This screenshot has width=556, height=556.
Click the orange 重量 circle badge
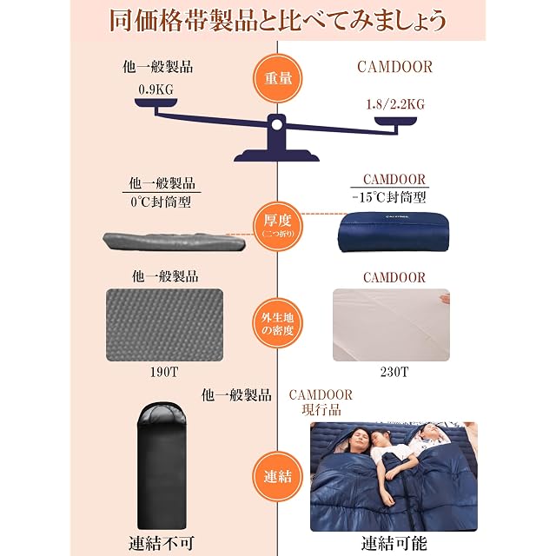277,78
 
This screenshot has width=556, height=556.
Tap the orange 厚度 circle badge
277,226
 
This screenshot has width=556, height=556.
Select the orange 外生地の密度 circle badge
277,323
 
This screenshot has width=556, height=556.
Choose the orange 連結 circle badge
277,476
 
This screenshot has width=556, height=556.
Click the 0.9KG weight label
156,89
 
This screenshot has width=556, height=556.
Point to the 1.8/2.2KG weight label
395,104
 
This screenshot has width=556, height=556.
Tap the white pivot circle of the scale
276,124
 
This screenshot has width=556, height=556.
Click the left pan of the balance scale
156,103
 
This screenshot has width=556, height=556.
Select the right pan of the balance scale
396,122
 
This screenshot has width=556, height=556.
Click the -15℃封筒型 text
389,197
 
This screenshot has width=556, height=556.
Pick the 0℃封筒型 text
161,202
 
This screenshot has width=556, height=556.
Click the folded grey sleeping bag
174,242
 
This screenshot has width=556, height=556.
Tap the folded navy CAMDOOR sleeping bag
394,232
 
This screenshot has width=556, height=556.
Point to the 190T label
164,372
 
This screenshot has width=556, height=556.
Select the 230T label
394,372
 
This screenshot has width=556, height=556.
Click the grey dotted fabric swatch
164,325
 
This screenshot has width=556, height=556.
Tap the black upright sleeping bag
162,466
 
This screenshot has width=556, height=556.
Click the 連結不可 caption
162,544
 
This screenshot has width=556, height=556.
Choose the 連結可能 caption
394,544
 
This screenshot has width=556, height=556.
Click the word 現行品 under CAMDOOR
321,410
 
